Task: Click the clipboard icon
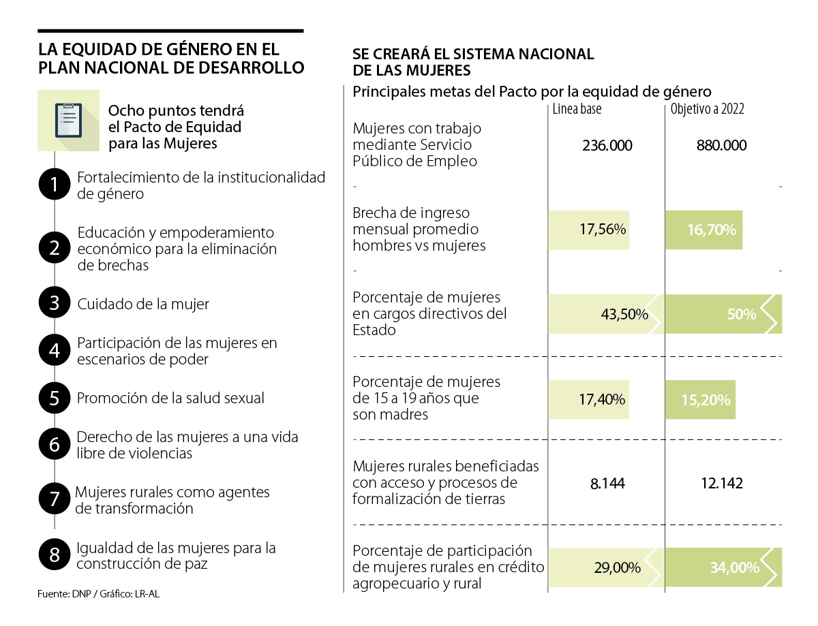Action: click(x=69, y=121)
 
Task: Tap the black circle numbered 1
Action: click(x=55, y=185)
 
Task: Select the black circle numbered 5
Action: click(x=55, y=398)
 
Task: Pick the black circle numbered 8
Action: click(x=55, y=554)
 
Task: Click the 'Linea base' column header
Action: click(x=577, y=109)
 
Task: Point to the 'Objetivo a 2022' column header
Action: click(x=707, y=109)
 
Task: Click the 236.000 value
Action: click(x=607, y=145)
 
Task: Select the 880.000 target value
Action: click(x=721, y=145)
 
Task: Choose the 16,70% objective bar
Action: click(x=704, y=230)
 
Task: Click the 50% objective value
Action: click(x=741, y=315)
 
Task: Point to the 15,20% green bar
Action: click(x=701, y=400)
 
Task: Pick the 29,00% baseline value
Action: click(x=618, y=567)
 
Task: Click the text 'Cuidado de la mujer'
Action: click(x=143, y=304)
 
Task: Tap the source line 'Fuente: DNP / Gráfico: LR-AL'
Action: click(x=99, y=594)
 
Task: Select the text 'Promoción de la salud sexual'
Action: click(x=170, y=398)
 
